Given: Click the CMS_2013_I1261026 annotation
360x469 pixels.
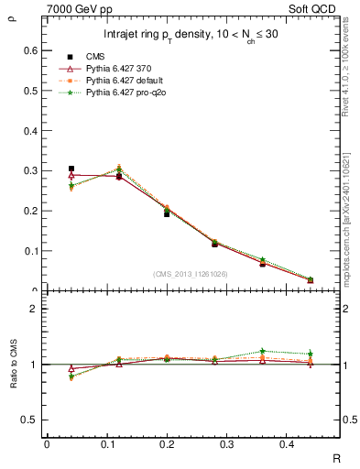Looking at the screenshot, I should coord(191,273).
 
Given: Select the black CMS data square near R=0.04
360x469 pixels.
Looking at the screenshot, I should coord(71,169).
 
